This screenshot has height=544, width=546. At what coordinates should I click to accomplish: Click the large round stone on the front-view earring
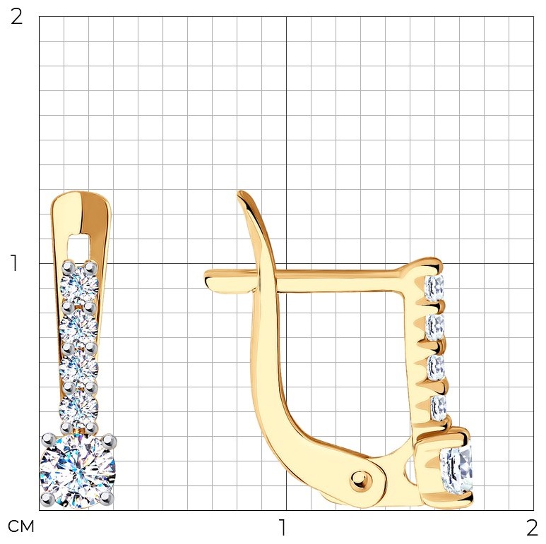point(78,471)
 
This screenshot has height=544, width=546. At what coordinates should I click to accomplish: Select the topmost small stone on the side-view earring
point(434,288)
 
